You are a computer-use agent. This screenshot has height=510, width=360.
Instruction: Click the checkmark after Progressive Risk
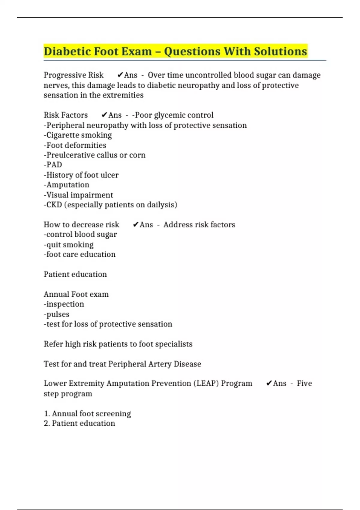pyautogui.click(x=120, y=75)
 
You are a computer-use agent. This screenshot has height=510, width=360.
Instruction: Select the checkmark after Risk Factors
pyautogui.click(x=104, y=115)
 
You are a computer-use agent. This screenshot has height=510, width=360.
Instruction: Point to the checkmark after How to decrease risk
pyautogui.click(x=136, y=225)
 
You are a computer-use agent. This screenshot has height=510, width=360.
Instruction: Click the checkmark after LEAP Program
pyautogui.click(x=269, y=383)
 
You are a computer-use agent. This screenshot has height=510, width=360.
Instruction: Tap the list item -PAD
pyautogui.click(x=53, y=165)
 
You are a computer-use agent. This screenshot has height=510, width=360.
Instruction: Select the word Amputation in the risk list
pyautogui.click(x=68, y=185)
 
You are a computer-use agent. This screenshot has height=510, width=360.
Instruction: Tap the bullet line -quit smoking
pyautogui.click(x=69, y=245)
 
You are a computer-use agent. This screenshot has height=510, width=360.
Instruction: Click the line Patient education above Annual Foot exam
pyautogui.click(x=75, y=274)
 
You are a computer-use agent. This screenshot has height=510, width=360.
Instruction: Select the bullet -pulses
pyautogui.click(x=57, y=314)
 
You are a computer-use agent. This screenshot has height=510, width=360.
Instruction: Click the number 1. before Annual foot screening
pyautogui.click(x=47, y=414)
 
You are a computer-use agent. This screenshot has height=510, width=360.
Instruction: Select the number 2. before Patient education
pyautogui.click(x=47, y=423)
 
